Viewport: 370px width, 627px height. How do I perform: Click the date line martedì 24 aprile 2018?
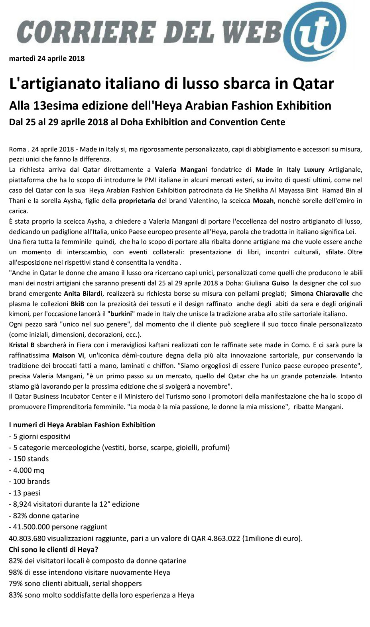coord(47,59)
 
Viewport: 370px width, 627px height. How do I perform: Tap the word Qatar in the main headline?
coord(313,84)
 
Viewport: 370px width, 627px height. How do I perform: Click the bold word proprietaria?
coord(137,200)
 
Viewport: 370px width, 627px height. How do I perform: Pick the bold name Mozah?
coord(263,200)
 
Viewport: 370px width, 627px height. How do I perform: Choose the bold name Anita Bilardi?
coord(83,294)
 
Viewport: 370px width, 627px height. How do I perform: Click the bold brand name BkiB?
coord(77,304)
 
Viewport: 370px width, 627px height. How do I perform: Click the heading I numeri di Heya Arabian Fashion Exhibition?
coord(82,425)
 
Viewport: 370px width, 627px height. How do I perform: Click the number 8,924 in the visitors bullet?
coord(23,504)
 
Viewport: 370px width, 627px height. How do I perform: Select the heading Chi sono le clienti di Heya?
coord(53,550)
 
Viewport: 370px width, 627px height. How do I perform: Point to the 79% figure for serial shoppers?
coord(15,584)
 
